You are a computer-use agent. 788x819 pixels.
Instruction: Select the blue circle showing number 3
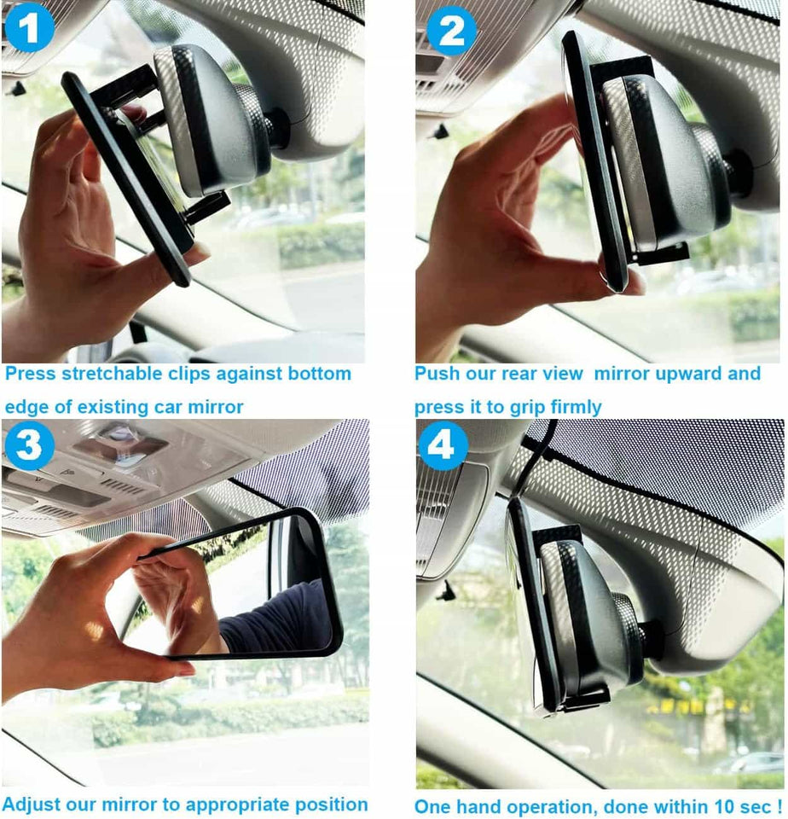pyautogui.click(x=28, y=445)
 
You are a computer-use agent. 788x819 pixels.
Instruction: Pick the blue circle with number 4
pyautogui.click(x=443, y=445)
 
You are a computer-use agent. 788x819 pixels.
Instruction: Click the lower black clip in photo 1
pyautogui.click(x=207, y=207)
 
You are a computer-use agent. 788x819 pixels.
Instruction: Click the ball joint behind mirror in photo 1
pyautogui.click(x=278, y=128)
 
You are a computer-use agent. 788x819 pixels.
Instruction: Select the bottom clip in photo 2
pyautogui.click(x=661, y=253)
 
